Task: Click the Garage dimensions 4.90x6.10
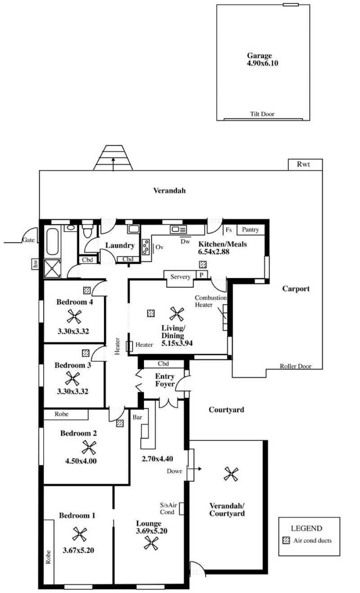point(259,63)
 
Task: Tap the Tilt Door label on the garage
point(262,114)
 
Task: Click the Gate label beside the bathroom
point(28,240)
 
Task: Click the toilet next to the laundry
point(88,232)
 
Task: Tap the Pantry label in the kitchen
point(250,230)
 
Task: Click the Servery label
point(180,277)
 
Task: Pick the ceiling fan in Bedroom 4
point(74,317)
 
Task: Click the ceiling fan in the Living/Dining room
point(176,313)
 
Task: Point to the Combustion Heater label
point(211,301)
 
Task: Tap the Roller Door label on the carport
point(295,366)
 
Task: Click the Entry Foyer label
point(165,380)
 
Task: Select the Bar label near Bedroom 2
point(137,417)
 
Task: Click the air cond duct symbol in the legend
point(286,540)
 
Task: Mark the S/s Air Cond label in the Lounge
point(167,509)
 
